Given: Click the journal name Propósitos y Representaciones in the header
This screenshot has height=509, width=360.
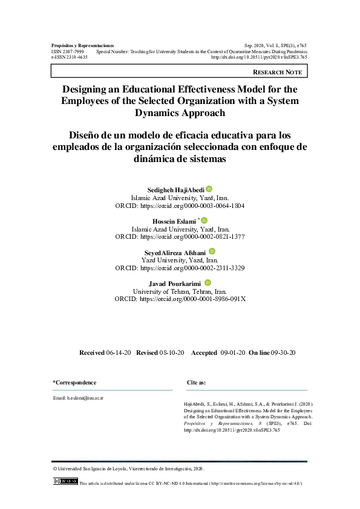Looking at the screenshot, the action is click(83, 46).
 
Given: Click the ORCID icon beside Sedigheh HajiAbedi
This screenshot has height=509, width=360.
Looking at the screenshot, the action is click(209, 189).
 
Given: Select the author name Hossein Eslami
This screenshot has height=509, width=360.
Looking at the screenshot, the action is click(174, 222).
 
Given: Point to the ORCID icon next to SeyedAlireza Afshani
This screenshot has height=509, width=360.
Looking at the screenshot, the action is click(212, 251).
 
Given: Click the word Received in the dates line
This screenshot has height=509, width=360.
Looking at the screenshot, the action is click(92, 352).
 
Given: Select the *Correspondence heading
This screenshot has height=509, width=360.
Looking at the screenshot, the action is click(74, 383).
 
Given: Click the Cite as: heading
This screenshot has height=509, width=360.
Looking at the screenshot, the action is click(196, 383).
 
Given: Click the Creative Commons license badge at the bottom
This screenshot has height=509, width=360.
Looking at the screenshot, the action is click(65, 481).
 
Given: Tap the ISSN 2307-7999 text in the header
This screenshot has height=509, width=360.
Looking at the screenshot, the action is click(68, 52).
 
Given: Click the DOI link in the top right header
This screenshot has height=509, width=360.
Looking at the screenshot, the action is click(259, 57).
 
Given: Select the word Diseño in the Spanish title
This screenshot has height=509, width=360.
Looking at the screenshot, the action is click(89, 134).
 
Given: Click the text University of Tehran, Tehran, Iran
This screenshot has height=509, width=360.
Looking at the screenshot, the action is click(180, 291).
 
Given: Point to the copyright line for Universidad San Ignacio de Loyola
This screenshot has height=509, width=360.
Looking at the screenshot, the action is click(129, 468).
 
